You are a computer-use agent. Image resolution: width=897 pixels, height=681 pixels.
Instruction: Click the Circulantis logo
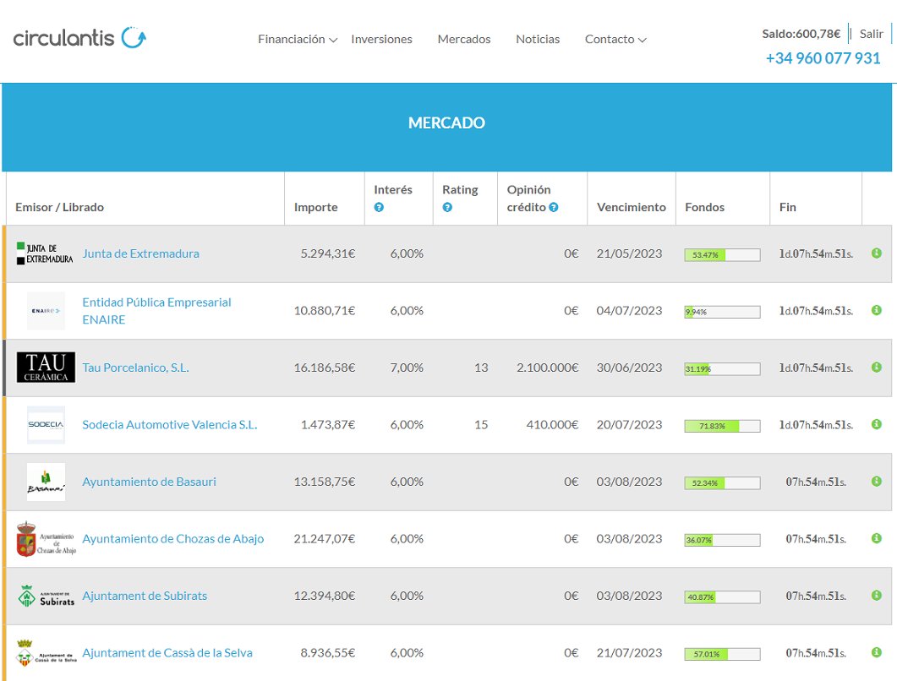79,38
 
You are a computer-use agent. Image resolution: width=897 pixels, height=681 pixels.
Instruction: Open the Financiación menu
297,39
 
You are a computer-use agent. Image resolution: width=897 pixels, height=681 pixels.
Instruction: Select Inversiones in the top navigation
381,39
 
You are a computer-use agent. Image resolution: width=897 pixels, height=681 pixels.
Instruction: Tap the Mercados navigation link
463,39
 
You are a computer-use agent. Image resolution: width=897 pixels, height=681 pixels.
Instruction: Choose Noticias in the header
538,39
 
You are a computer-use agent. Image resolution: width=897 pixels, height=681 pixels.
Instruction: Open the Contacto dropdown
615,39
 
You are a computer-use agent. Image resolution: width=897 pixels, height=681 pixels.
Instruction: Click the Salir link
871,34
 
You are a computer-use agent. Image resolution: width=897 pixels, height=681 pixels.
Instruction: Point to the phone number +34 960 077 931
823,58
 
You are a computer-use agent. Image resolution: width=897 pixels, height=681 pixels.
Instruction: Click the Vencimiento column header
631,207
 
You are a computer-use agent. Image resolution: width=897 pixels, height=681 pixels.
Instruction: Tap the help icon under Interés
379,208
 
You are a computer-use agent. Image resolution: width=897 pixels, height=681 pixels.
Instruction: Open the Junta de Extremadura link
140,253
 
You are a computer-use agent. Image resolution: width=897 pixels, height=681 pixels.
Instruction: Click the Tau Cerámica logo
46,368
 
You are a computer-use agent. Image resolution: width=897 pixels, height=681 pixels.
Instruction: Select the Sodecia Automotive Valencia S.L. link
169,425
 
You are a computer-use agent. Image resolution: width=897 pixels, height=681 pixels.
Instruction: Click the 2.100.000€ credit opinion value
547,368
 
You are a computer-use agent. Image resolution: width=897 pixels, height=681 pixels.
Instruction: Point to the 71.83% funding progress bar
721,426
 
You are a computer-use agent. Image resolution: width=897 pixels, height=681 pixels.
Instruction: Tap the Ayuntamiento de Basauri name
149,482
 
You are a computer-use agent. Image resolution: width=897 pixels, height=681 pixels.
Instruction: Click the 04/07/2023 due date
629,311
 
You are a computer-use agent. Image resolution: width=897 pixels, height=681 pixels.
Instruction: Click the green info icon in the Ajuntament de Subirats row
876,596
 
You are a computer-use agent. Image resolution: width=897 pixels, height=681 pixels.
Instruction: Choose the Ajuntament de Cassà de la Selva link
167,653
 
